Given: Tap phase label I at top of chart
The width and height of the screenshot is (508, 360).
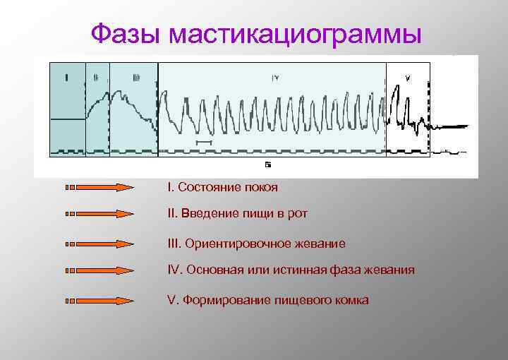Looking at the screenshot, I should [x=66, y=78].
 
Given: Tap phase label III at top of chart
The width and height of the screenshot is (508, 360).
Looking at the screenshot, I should [x=135, y=78].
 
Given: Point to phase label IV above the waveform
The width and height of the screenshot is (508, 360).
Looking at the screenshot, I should [x=275, y=78].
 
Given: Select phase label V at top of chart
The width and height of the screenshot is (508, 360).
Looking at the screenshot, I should [x=407, y=78].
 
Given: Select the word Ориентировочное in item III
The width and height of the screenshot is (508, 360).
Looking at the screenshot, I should [x=231, y=244].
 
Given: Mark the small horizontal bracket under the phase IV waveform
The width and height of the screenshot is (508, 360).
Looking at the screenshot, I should [x=203, y=142].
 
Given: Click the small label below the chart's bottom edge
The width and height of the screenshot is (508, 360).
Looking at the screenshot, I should [x=268, y=164].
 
